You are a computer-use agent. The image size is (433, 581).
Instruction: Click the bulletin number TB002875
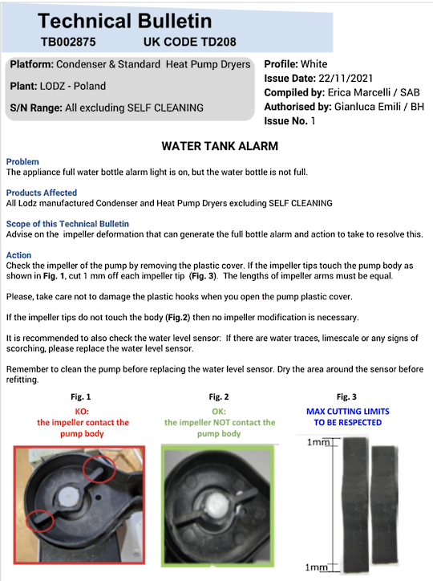[68, 42]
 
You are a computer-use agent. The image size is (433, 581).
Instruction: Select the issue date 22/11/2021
[346, 78]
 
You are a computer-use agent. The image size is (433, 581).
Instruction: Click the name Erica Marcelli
[359, 92]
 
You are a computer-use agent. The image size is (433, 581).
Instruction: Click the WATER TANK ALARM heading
[220, 146]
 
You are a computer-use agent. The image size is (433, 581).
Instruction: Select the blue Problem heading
[22, 161]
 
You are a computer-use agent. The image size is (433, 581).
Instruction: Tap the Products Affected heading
[42, 193]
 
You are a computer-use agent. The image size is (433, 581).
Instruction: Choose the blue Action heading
[18, 255]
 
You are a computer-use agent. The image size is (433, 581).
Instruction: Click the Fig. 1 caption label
[81, 397]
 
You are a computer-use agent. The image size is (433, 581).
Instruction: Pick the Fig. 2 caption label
[219, 397]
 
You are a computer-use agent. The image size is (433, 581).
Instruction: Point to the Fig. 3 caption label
[346, 397]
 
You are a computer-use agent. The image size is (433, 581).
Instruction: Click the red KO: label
[82, 412]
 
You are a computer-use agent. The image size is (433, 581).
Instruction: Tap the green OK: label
[219, 412]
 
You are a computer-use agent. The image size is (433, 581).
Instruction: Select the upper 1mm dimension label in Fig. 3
[318, 442]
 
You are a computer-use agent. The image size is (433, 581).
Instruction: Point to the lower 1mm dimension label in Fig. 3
[316, 567]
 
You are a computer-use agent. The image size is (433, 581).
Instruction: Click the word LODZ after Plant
[52, 86]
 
